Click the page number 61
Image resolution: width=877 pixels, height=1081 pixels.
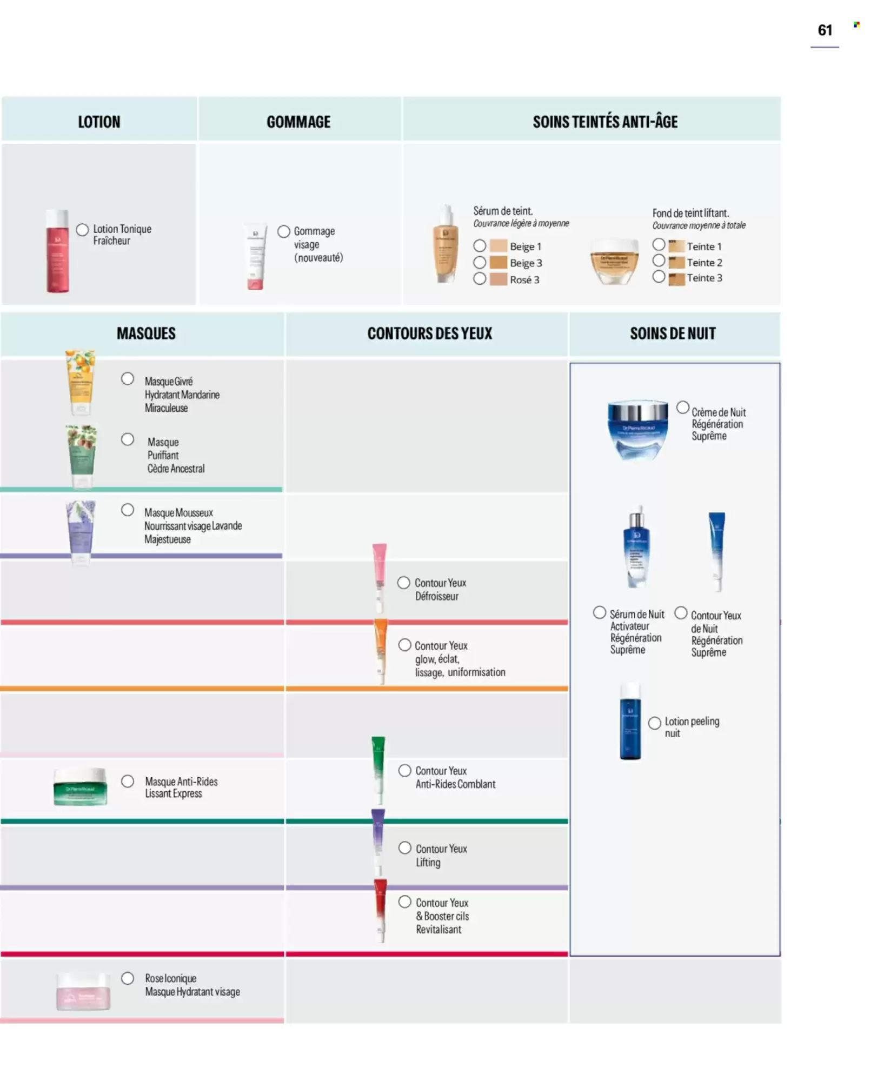[x=825, y=30]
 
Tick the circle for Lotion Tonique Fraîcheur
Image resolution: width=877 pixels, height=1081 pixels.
[x=82, y=230]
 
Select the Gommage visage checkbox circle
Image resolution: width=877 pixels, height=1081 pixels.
[x=284, y=231]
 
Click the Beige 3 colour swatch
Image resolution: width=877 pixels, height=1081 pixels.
[x=498, y=263]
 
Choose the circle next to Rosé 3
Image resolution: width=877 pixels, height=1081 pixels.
[x=480, y=279]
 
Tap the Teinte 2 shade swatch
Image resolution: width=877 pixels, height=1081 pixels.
[x=676, y=263]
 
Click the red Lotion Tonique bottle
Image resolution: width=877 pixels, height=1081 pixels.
[x=57, y=251]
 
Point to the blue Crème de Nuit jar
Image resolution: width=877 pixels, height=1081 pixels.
[x=638, y=429]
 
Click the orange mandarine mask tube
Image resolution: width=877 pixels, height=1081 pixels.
[x=80, y=382]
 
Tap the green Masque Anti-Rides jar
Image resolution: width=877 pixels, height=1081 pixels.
[x=81, y=786]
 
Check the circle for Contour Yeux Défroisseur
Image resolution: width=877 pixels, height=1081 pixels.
[x=403, y=583]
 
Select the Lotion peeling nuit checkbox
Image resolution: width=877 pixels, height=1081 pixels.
[x=655, y=723]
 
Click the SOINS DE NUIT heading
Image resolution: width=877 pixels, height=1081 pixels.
[x=673, y=333]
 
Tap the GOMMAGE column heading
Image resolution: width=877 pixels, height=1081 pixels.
[x=298, y=122]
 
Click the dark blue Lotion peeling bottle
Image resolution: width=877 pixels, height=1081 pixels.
[x=630, y=722]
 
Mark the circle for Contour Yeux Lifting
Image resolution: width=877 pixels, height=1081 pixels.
[x=404, y=848]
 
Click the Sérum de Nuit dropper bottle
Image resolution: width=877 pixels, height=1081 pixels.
[x=636, y=548]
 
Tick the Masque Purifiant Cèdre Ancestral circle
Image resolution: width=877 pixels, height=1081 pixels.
[x=128, y=439]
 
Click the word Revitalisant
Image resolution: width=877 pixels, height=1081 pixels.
[x=439, y=930]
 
